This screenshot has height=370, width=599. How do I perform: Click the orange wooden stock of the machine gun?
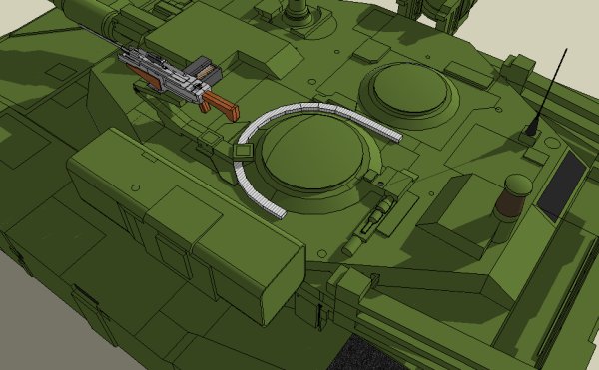[x=222, y=105]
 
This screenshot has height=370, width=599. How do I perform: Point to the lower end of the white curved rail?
[x=277, y=212]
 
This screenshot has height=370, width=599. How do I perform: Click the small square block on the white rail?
[x=241, y=151]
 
